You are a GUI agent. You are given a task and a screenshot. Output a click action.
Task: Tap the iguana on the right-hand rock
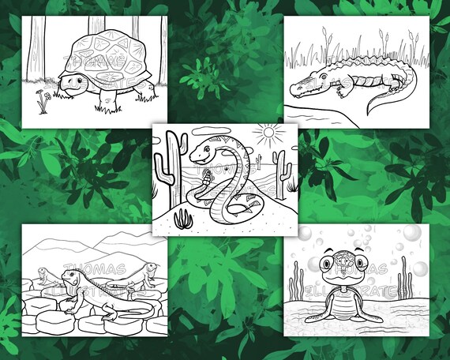(144, 276)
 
